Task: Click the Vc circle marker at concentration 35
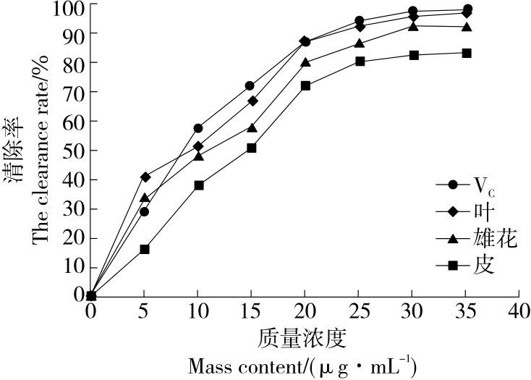(467, 9)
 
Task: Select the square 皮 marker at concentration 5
(145, 249)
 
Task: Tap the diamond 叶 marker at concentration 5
(145, 177)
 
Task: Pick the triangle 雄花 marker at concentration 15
(252, 127)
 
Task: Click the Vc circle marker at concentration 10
(198, 128)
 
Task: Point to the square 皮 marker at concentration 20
(305, 85)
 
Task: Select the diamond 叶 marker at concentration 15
(252, 101)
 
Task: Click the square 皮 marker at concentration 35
(467, 53)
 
